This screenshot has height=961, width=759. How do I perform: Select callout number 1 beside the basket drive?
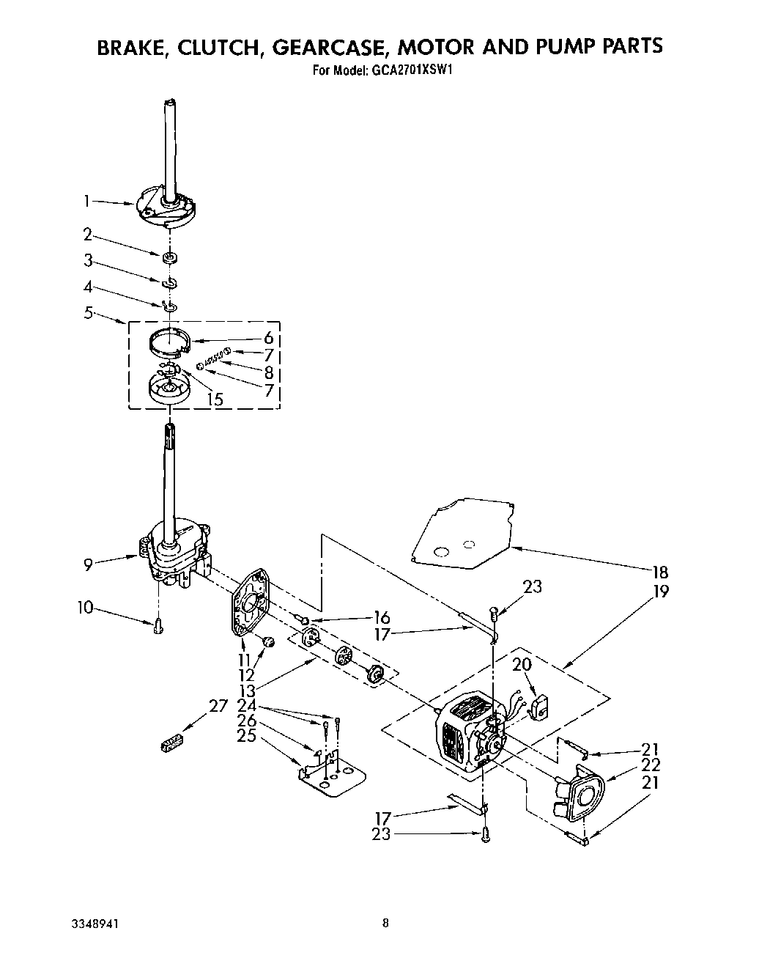[87, 199]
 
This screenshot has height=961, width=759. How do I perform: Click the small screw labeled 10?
[158, 625]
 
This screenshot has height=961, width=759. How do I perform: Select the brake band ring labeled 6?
[169, 342]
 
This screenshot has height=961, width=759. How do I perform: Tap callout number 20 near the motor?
[522, 666]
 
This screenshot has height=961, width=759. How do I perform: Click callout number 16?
[382, 617]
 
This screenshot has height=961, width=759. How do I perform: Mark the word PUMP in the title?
[560, 46]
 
